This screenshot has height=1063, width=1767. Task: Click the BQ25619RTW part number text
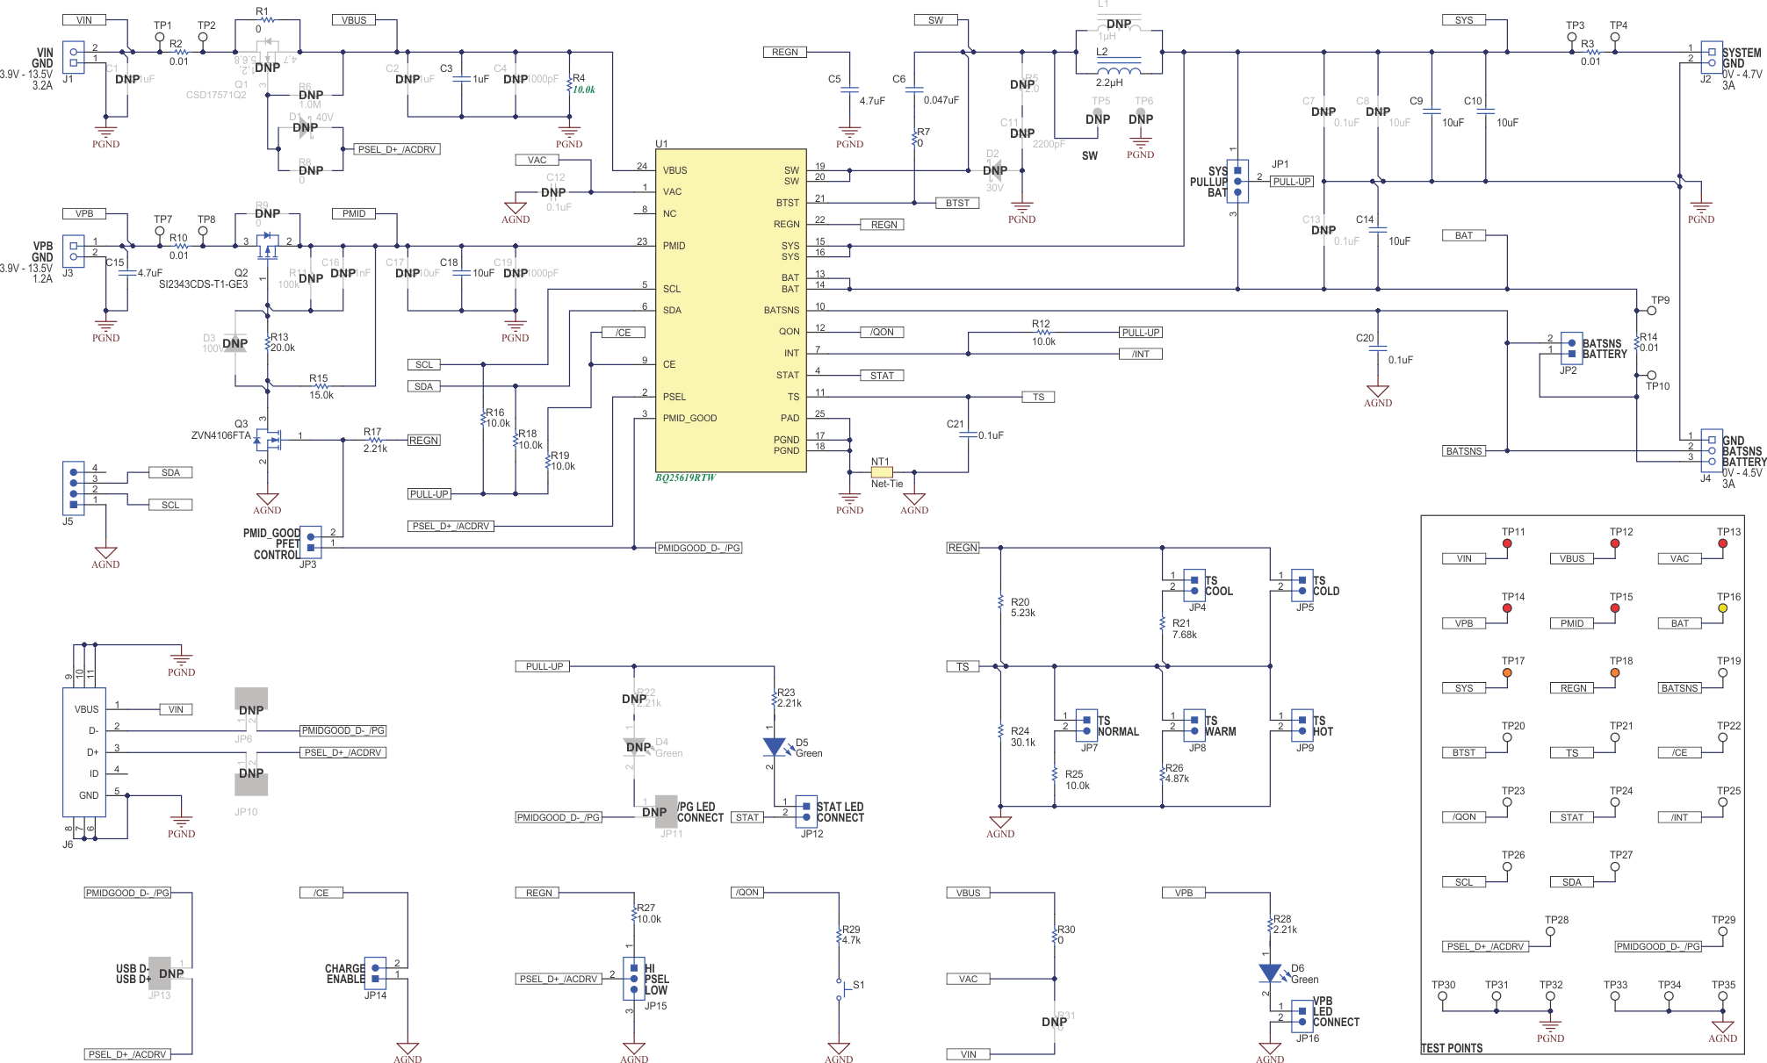click(685, 478)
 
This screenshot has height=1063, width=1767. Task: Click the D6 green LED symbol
click(1270, 973)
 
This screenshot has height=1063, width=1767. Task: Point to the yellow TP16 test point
click(1722, 608)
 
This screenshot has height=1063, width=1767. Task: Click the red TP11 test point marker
click(1507, 543)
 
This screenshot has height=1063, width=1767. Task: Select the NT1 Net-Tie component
click(881, 472)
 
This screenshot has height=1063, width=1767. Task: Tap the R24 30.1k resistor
click(1000, 730)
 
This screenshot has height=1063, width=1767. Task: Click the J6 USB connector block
click(84, 752)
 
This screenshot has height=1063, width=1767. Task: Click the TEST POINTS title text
click(1452, 1048)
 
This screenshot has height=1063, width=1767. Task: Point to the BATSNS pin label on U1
click(781, 310)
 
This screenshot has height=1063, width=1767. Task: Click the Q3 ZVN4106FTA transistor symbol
click(268, 437)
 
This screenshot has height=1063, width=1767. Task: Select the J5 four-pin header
click(73, 487)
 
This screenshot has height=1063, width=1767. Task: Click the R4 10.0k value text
click(584, 90)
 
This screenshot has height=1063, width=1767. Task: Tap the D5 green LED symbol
click(773, 747)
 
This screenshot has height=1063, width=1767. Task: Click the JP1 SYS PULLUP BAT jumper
click(1237, 181)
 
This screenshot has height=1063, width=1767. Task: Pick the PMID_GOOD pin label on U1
click(689, 418)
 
